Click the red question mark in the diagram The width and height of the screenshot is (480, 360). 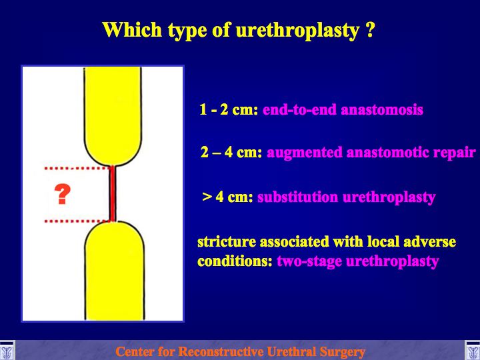(x=63, y=194)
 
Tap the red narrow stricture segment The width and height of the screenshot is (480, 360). (x=113, y=193)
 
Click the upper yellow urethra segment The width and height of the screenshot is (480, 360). (x=113, y=116)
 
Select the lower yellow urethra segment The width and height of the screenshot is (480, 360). (x=115, y=271)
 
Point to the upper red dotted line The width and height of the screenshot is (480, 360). (x=78, y=168)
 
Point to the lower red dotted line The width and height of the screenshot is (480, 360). (x=78, y=221)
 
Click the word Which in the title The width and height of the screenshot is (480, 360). (x=132, y=29)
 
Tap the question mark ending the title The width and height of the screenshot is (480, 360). (x=370, y=29)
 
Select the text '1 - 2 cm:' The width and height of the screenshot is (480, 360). (x=229, y=109)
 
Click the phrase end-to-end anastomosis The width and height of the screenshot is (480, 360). (x=343, y=109)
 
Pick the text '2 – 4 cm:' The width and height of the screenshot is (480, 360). (x=231, y=152)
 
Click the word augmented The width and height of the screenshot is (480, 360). (x=305, y=153)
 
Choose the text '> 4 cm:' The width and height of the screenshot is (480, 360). (x=227, y=197)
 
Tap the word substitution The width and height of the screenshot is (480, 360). (x=297, y=197)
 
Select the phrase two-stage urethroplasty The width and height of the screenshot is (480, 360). (x=358, y=262)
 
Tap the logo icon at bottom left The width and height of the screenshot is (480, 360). (x=7, y=351)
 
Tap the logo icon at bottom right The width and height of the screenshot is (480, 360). (x=473, y=351)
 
